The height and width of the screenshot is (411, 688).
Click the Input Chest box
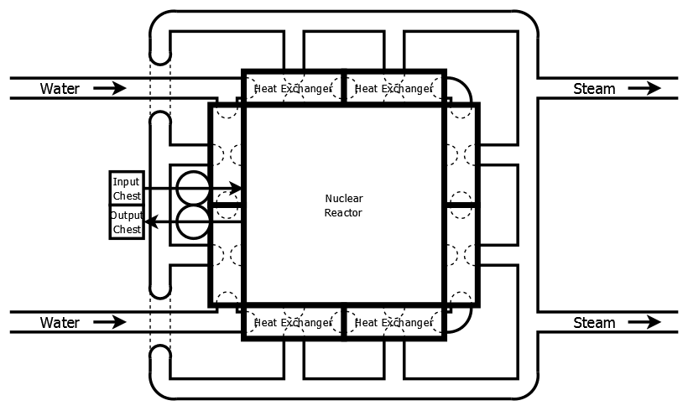pyautogui.click(x=126, y=189)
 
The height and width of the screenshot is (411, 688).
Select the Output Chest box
pyautogui.click(x=126, y=222)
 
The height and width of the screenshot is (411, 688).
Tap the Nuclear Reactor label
pyautogui.click(x=344, y=205)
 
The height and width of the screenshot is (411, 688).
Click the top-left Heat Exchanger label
pyautogui.click(x=287, y=88)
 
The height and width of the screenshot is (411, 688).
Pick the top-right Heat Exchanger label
pyautogui.click(x=394, y=88)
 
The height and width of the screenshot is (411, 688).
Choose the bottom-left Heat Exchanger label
pyautogui.click(x=287, y=322)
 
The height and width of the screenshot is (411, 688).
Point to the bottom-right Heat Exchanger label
pyautogui.click(x=394, y=322)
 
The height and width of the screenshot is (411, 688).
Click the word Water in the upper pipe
pyautogui.click(x=60, y=88)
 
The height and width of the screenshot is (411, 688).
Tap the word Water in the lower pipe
pyautogui.click(x=60, y=322)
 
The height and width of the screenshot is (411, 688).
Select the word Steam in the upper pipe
pyautogui.click(x=594, y=88)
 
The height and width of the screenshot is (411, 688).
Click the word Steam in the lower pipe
pyautogui.click(x=594, y=322)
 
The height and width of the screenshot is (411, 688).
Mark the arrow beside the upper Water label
pyautogui.click(x=110, y=88)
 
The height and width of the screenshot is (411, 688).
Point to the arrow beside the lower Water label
pyautogui.click(x=110, y=322)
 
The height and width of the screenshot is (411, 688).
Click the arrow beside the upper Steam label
pyautogui.click(x=644, y=88)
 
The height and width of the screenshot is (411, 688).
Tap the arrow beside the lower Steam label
pyautogui.click(x=644, y=322)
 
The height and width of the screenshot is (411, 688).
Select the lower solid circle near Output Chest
pyautogui.click(x=192, y=222)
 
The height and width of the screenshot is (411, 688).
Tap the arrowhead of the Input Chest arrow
pyautogui.click(x=237, y=189)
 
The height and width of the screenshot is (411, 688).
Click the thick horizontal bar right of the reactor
pyautogui.click(x=461, y=205)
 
